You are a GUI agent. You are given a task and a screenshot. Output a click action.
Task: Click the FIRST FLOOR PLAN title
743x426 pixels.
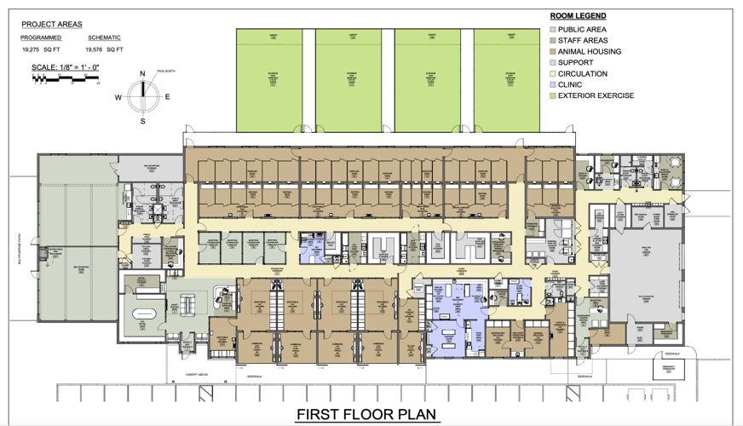(x=366, y=415)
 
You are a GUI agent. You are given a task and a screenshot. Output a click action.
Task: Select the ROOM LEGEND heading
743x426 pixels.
(x=578, y=16)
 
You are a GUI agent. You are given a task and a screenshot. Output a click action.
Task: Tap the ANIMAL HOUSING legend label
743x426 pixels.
(x=590, y=51)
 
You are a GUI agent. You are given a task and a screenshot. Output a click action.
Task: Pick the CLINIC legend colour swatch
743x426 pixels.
(x=552, y=84)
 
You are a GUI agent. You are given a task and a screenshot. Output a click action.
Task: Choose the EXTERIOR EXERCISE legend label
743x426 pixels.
(x=596, y=95)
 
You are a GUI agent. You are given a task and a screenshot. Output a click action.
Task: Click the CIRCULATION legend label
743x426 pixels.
(x=582, y=73)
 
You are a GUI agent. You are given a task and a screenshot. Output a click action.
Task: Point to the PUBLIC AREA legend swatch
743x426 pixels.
(x=552, y=29)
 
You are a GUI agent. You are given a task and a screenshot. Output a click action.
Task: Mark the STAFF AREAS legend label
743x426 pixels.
(x=583, y=40)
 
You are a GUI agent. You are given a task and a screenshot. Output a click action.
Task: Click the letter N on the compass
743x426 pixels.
(x=142, y=74)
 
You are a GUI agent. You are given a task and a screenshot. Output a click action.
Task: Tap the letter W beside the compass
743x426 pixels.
(x=118, y=97)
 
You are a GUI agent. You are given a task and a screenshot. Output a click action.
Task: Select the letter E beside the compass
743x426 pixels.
(x=167, y=97)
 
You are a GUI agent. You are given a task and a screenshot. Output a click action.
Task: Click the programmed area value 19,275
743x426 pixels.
(x=31, y=49)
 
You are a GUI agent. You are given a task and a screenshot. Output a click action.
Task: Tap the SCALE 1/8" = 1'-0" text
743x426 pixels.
(x=66, y=66)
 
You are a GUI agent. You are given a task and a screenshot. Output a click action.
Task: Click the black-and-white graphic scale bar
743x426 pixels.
(x=66, y=78)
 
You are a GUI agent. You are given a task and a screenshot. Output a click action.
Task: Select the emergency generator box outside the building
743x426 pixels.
(x=668, y=367)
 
